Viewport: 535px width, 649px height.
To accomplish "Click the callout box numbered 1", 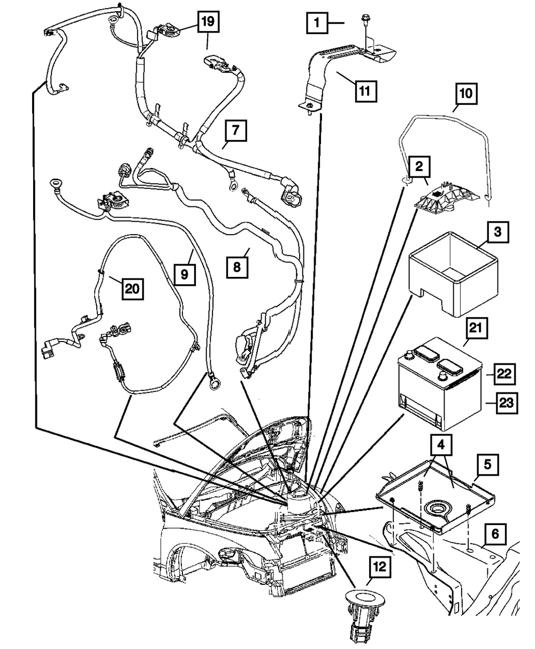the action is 317,22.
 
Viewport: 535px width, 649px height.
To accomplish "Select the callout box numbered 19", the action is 208,21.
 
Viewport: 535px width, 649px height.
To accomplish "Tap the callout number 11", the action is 365,91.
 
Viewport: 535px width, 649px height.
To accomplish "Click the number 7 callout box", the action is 236,130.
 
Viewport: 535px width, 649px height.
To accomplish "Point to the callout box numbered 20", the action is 133,289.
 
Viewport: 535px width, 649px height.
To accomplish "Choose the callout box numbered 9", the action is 185,274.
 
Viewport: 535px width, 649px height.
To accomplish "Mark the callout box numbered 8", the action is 237,267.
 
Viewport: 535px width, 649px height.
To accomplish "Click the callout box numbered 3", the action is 498,232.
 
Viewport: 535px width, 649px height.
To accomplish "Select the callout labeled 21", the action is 477,328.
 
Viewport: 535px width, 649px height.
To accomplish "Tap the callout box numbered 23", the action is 507,403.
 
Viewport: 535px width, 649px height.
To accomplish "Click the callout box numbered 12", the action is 380,567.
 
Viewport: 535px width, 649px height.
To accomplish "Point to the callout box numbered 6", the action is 495,534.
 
